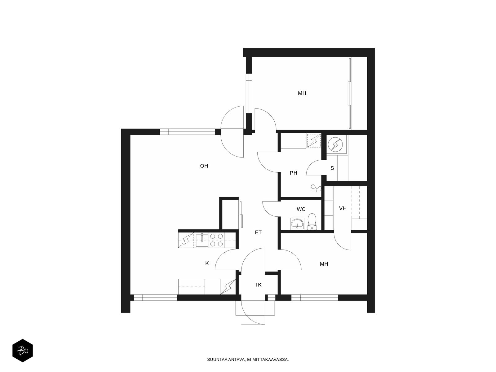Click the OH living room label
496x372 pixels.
pos(204,166)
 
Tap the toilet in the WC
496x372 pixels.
pos(312,221)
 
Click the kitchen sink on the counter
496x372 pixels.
pos(202,240)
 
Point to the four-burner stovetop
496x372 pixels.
pos(216,240)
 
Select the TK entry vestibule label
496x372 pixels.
pos(258,285)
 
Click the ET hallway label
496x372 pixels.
pos(258,232)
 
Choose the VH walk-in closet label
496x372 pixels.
pos(343,208)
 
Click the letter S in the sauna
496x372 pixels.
pos(332,168)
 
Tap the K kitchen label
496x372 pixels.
pos(207,263)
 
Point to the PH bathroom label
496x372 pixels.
pos(293,173)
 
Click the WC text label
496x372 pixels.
pos(301,209)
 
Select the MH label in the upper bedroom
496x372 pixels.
pos(302,93)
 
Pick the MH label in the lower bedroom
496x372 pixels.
pos(324,264)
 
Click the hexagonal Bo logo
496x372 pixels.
pos(23,351)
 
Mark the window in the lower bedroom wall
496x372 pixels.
pos(315,298)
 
